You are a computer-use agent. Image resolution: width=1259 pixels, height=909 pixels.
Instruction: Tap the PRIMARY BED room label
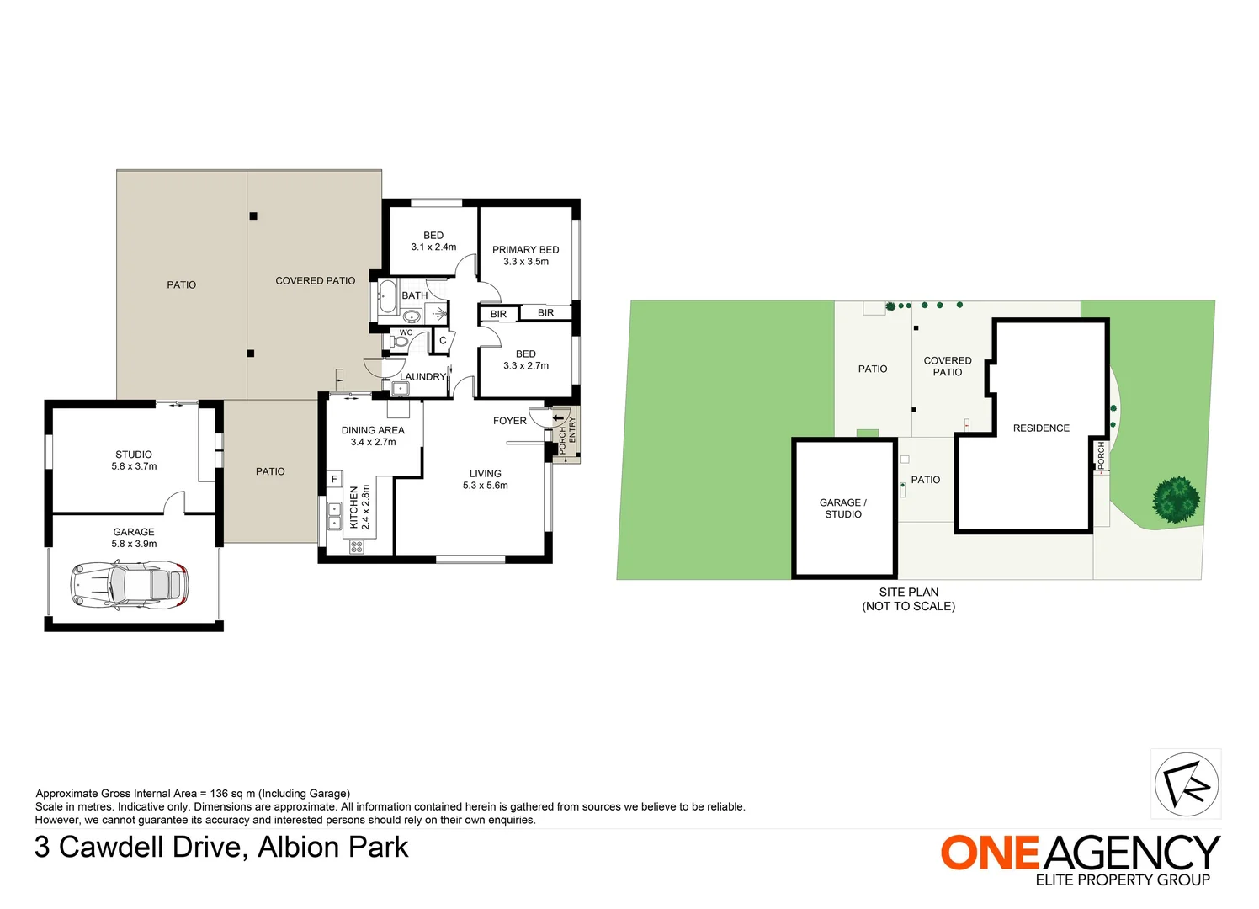(525, 250)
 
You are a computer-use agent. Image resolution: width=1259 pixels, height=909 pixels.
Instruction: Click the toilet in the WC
(401, 342)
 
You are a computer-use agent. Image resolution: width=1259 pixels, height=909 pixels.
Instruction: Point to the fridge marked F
(334, 479)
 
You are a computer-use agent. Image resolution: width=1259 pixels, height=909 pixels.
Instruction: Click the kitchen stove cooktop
(357, 546)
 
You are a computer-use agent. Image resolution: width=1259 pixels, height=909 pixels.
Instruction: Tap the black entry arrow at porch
(559, 418)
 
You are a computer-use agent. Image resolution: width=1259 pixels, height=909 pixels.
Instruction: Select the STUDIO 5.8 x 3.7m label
(134, 460)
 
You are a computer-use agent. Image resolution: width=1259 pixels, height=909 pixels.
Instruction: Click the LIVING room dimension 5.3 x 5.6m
(485, 486)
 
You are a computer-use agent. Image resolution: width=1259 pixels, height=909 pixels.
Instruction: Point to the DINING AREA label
(373, 430)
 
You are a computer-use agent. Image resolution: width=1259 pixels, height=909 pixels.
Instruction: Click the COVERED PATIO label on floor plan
(316, 281)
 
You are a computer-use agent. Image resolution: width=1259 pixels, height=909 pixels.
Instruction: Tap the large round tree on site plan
(1176, 499)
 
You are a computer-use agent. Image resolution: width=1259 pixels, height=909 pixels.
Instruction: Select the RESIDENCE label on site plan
(1041, 428)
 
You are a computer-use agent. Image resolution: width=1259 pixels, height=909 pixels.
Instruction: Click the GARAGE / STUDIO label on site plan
(843, 508)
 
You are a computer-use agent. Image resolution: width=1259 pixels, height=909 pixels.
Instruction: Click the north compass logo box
(1186, 784)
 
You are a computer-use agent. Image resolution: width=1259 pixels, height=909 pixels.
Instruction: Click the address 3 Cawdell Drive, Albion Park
(221, 847)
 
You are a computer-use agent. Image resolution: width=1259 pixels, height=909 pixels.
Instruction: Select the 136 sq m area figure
(228, 794)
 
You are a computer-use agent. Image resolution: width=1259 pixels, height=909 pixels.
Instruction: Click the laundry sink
(400, 389)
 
